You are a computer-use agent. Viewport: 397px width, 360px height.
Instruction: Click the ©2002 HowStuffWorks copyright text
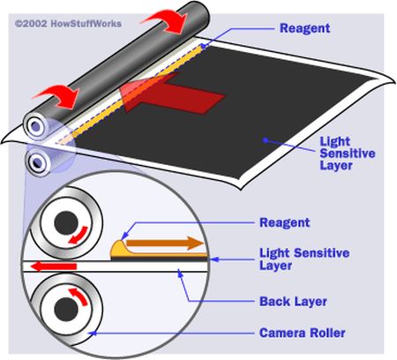pyautogui.click(x=68, y=24)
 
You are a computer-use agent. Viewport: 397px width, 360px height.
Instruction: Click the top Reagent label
pyautogui.click(x=304, y=28)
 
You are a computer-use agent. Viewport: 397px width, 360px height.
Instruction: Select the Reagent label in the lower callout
pyautogui.click(x=285, y=222)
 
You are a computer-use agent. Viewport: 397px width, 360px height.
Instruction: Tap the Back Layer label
pyautogui.click(x=293, y=302)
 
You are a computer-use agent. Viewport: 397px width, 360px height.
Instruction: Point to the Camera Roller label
pyautogui.click(x=303, y=333)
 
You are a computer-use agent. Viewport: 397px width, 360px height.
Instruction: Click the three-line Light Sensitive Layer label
pyautogui.click(x=348, y=154)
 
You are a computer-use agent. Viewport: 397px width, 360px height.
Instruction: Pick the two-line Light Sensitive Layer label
pyautogui.click(x=304, y=259)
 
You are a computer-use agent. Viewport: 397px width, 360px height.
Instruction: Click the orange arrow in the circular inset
pyautogui.click(x=165, y=243)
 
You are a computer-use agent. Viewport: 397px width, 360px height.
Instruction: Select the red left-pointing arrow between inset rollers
pyautogui.click(x=54, y=266)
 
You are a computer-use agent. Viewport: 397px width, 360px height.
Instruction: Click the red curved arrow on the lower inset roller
pyautogui.click(x=79, y=296)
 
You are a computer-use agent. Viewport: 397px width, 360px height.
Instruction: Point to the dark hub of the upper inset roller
pyautogui.click(x=66, y=223)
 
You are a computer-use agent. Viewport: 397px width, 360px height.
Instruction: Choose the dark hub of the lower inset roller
pyautogui.click(x=66, y=310)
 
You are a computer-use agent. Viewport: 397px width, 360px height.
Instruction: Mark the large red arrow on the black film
pyautogui.click(x=172, y=95)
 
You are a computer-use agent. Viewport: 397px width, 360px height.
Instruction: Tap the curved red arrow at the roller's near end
pyautogui.click(x=57, y=96)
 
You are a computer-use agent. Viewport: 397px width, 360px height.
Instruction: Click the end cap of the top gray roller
pyautogui.click(x=35, y=127)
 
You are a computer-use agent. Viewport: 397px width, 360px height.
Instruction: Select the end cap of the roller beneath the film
pyautogui.click(x=37, y=161)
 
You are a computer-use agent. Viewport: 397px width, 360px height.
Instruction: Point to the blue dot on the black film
pyautogui.click(x=266, y=140)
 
